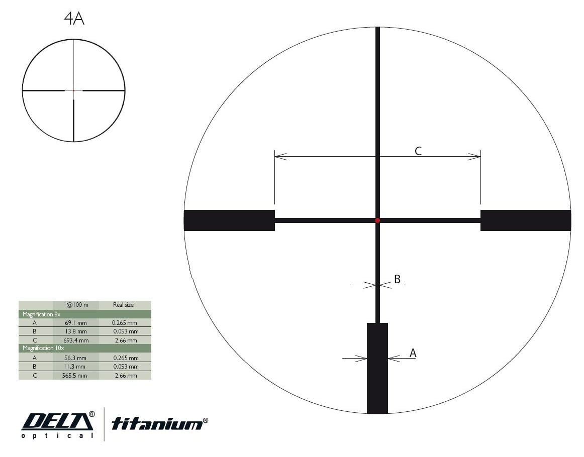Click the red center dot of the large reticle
pyautogui.click(x=377, y=220)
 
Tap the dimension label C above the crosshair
pyautogui.click(x=418, y=151)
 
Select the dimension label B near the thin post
pyautogui.click(x=397, y=279)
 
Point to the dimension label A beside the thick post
pyautogui.click(x=413, y=353)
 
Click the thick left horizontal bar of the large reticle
pyautogui.click(x=229, y=220)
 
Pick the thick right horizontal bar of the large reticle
pyautogui.click(x=526, y=220)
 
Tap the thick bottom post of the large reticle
pyautogui.click(x=377, y=368)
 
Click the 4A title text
pyautogui.click(x=74, y=19)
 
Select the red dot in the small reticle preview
pyautogui.click(x=74, y=90)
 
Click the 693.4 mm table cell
pyautogui.click(x=75, y=340)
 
